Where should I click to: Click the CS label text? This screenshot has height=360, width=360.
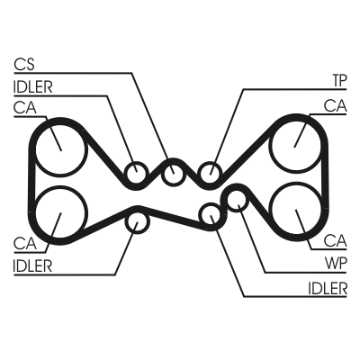(x=24, y=65)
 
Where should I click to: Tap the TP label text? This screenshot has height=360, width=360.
(x=339, y=81)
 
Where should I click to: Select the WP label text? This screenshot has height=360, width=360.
(x=336, y=264)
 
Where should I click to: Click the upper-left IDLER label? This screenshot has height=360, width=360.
(x=33, y=87)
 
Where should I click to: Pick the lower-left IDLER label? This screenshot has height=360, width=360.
(x=32, y=265)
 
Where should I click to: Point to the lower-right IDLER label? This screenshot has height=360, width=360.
(x=328, y=289)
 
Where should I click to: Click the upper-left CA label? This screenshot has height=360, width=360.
(x=25, y=108)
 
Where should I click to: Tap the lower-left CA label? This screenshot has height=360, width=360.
(x=25, y=243)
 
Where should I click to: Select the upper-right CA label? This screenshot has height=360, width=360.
(x=336, y=106)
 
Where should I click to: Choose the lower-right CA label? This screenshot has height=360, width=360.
(x=336, y=240)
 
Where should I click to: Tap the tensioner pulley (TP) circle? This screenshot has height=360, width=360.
(x=211, y=172)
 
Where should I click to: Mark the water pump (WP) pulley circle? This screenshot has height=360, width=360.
(x=238, y=201)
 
